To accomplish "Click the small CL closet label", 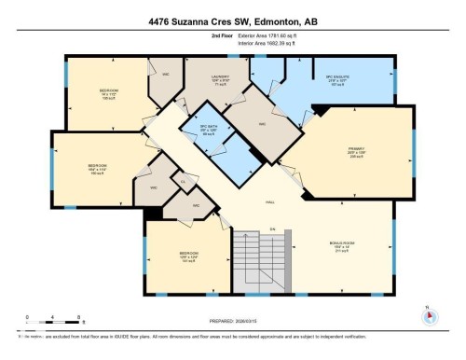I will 183,180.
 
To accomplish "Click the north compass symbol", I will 428,314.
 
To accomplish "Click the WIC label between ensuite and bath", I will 263,122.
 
